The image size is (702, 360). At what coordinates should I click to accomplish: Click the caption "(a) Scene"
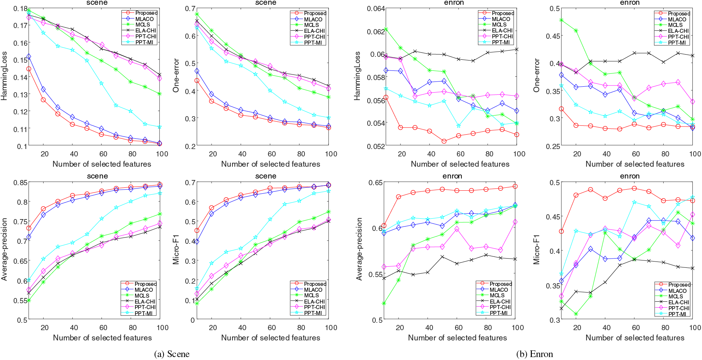point(172,354)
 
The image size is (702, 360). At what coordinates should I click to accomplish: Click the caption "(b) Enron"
point(534,354)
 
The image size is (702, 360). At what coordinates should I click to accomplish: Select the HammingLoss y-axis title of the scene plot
point(4,76)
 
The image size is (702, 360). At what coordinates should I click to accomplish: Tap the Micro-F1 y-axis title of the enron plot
point(536,249)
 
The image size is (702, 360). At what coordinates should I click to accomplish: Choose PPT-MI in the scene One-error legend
point(313,42)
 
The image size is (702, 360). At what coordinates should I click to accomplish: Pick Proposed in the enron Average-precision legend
point(500,284)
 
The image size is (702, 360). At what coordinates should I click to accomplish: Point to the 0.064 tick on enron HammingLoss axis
point(376,8)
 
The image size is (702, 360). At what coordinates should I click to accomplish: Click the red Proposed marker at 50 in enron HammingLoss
point(444,141)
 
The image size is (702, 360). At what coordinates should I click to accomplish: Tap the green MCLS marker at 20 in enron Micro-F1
point(576,314)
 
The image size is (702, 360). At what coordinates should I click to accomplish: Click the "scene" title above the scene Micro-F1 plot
point(266,176)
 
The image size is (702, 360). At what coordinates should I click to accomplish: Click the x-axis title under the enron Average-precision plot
point(457,337)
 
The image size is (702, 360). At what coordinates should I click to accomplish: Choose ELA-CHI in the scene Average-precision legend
point(145,301)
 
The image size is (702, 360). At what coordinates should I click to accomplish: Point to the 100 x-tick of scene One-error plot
point(331,154)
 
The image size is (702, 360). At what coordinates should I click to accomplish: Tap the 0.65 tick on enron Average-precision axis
point(376,183)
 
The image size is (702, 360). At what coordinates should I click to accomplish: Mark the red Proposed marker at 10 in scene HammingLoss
point(28,69)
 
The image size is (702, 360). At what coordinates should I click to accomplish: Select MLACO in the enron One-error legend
point(677,19)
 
